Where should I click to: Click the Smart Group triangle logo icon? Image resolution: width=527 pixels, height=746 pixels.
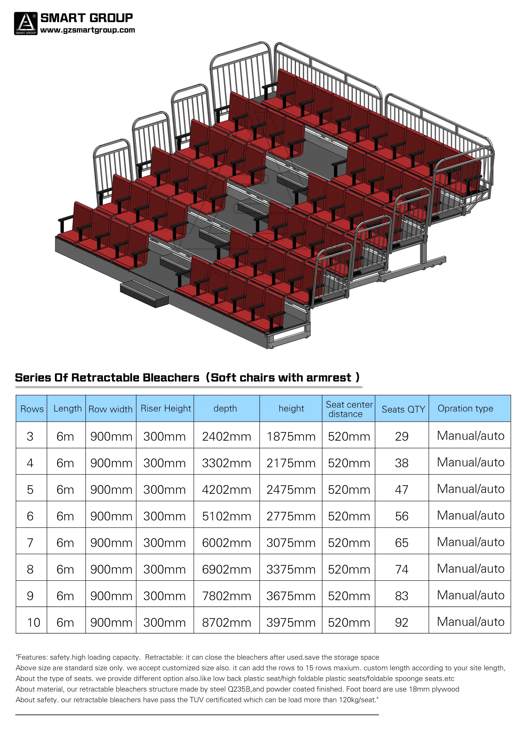26,23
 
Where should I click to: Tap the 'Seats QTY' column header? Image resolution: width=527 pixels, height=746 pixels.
403,409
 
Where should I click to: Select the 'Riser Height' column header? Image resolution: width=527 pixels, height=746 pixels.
166,409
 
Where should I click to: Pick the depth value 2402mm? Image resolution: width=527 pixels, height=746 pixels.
226,436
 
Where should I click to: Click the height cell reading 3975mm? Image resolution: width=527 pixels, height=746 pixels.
291,622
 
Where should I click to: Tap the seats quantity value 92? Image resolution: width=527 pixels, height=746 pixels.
401,622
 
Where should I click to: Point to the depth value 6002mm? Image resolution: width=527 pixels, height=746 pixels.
226,543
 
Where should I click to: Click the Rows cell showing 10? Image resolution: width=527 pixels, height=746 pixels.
33,622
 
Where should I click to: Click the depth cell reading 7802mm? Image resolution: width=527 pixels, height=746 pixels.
226,596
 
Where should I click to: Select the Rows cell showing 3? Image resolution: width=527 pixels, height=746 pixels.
30,436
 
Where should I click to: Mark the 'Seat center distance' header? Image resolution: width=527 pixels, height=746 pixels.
349,409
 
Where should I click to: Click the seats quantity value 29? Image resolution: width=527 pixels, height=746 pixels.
401,436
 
